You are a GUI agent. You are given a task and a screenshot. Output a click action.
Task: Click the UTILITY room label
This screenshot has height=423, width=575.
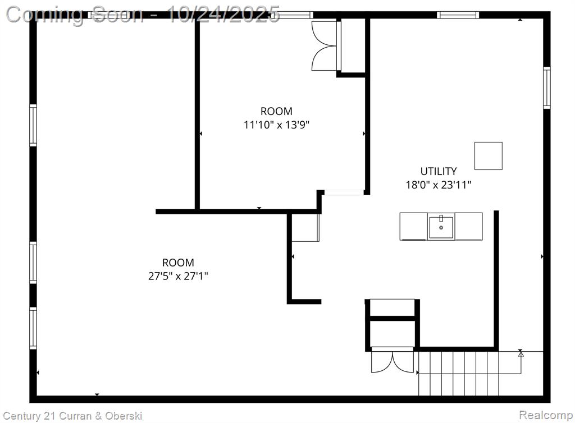438,171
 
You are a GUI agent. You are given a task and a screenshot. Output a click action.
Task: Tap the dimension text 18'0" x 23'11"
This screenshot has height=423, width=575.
438,185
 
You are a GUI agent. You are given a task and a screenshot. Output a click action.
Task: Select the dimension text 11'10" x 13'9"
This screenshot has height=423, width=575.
276,125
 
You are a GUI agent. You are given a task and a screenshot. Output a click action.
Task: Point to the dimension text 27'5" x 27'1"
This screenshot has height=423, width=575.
178,276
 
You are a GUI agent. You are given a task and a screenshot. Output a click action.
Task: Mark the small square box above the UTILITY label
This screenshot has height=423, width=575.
489,156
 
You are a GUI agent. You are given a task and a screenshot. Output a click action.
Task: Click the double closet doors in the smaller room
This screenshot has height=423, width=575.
325,46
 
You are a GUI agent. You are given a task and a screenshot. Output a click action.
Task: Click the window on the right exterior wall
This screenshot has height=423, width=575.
547,88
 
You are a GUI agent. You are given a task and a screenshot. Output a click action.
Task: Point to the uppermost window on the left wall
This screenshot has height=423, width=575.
33,125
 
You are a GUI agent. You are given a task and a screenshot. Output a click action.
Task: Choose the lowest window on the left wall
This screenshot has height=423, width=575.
33,328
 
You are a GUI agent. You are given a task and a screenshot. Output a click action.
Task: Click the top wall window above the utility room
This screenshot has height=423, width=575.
458,15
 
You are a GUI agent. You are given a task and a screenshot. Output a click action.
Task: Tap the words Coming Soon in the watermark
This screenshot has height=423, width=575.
75,15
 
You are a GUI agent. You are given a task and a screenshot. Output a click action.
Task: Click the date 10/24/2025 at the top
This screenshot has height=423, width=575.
223,15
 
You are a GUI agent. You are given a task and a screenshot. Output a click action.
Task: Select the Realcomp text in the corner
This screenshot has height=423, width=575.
546,415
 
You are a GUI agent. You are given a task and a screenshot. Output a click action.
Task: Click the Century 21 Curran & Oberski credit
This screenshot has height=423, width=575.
72,416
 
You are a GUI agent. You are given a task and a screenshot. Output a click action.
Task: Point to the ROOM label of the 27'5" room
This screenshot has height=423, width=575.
178,263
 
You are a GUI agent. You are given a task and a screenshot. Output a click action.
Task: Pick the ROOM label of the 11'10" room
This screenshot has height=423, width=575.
276,111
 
